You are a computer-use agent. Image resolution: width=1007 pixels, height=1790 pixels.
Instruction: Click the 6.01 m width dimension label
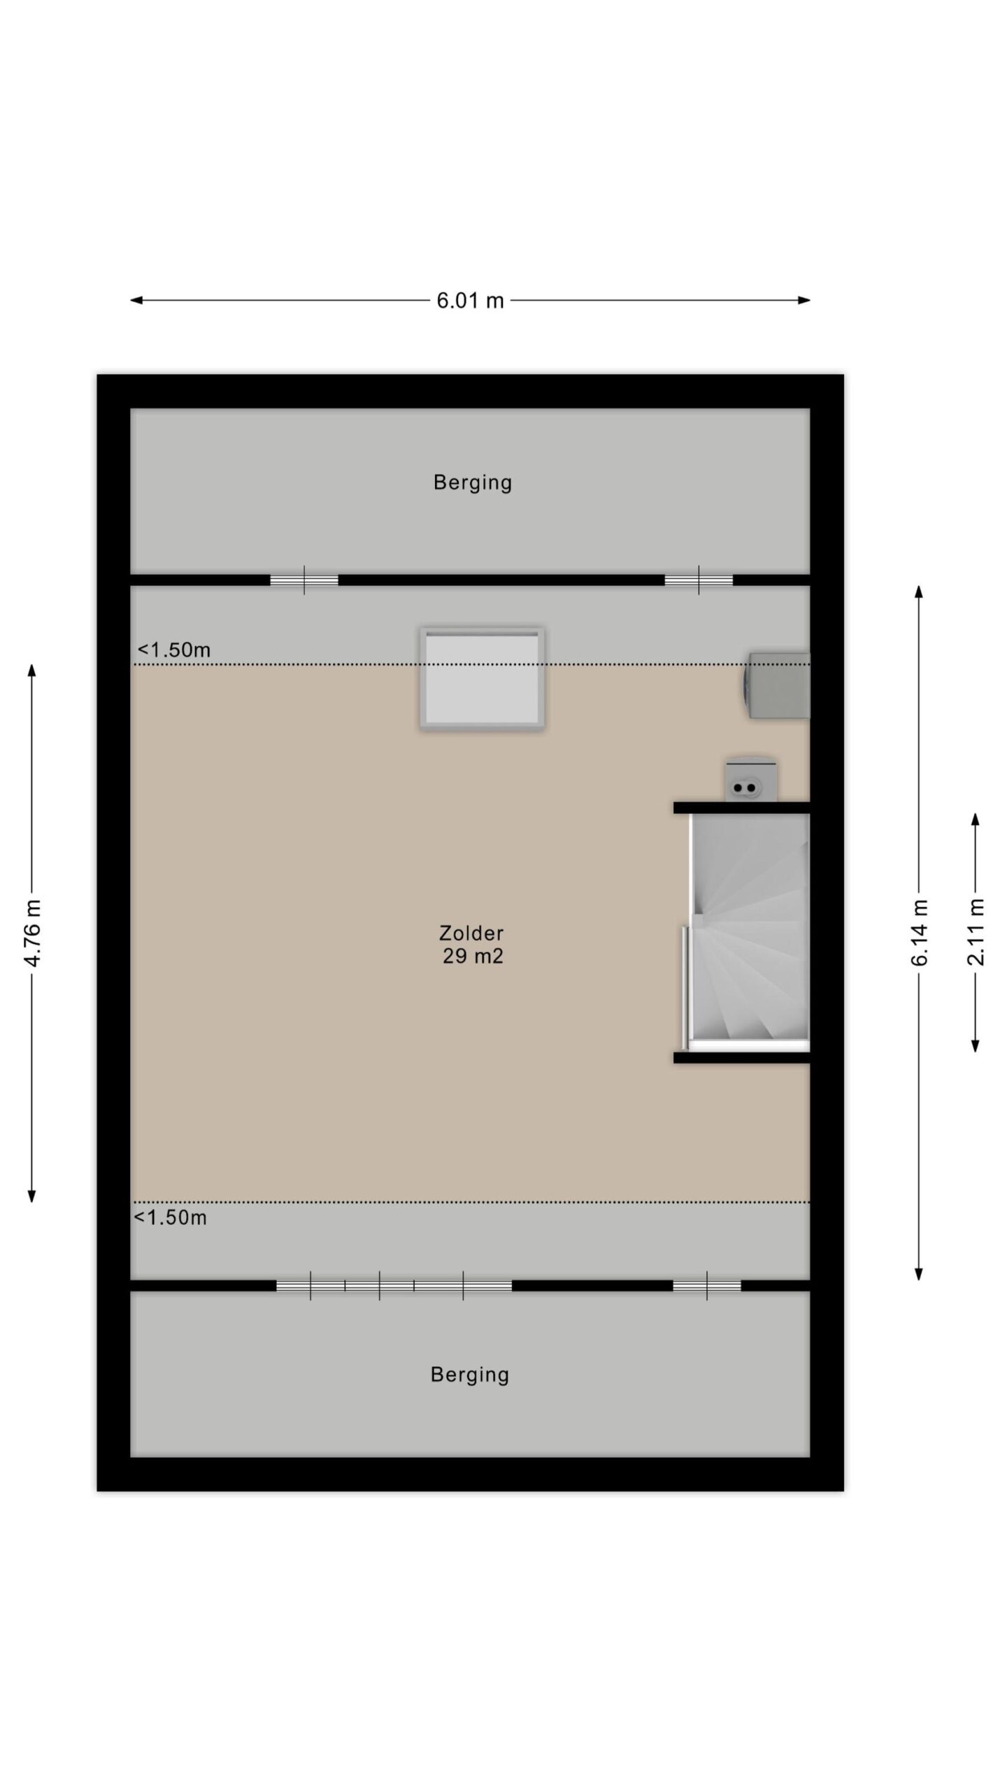tap(470, 300)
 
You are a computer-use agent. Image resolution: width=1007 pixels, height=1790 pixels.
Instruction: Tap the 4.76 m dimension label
tap(33, 932)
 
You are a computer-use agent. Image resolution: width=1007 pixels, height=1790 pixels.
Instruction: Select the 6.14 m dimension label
tap(919, 933)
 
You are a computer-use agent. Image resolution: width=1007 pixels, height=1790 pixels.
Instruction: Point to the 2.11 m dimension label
tap(976, 933)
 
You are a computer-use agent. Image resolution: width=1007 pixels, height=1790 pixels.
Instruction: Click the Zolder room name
tap(471, 933)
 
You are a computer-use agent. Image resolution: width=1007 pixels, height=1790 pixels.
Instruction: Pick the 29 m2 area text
tap(473, 956)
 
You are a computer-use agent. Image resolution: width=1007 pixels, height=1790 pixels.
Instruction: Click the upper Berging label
tap(473, 482)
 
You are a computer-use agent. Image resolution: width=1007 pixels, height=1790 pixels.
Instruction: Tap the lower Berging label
tap(470, 1375)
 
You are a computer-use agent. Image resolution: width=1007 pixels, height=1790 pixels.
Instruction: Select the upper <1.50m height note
tap(173, 650)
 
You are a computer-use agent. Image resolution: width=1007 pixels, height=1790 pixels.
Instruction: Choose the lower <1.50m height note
tap(170, 1217)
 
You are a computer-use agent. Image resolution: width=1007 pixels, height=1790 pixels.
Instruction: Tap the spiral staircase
tap(749, 933)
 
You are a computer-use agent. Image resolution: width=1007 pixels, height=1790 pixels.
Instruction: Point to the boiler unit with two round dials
tap(750, 779)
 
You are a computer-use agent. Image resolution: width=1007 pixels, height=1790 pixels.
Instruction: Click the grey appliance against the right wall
tap(776, 685)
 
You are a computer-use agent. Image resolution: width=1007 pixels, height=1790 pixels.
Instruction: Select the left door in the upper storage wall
tap(304, 580)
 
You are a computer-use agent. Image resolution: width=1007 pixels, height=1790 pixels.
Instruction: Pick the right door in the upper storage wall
tap(699, 580)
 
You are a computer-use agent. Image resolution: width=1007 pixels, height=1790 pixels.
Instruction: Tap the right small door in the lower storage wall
tap(707, 1286)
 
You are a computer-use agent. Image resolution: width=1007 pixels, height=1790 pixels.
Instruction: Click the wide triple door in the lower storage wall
tap(394, 1286)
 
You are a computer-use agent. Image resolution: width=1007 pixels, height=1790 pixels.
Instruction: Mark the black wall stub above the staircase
tap(741, 808)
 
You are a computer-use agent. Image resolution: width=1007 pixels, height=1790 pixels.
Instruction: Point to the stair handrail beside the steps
tap(684, 987)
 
